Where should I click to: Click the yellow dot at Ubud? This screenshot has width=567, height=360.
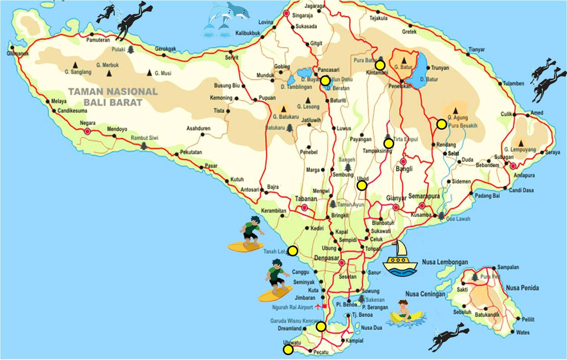pos(362,185)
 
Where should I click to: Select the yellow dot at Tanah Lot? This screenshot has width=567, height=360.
pos(292,251)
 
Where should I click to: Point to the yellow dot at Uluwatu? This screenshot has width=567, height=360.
pos(288,350)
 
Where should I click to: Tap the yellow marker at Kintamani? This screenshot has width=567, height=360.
pos(380,65)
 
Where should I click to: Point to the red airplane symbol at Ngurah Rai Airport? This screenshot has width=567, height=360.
pos(318,307)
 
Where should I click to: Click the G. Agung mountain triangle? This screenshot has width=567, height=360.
pos(455,110)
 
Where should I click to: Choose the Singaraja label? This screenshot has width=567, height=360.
pos(306,14)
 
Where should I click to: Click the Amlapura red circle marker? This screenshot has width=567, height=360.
pos(513,166)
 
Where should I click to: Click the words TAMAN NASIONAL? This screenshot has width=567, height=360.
pos(112,92)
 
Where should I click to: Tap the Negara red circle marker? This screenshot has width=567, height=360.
pos(87,131)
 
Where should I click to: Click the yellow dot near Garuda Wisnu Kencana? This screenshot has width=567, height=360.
pos(321,326)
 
